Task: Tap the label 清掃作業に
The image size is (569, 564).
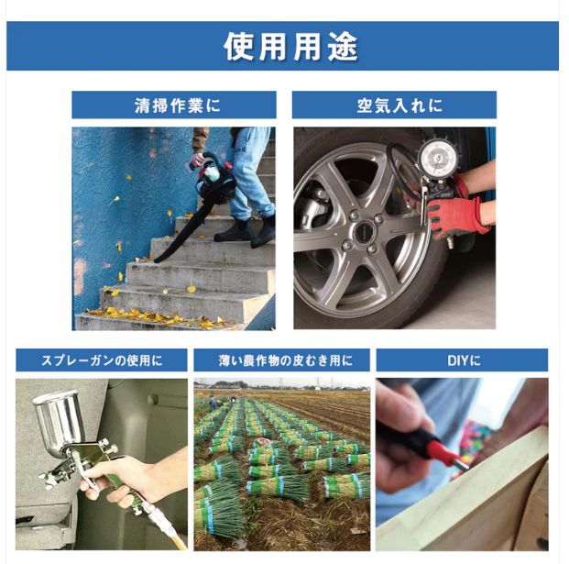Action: point(174,105)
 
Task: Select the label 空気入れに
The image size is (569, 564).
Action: point(394,105)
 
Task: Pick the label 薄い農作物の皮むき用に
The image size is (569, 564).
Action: point(281,360)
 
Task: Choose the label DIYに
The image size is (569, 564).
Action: point(462,360)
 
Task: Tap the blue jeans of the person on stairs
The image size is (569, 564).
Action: point(247,174)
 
